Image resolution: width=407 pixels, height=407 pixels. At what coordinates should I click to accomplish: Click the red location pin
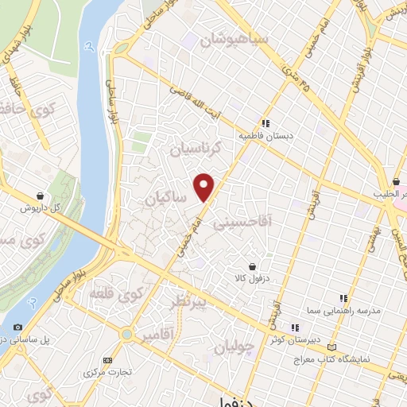click(x=205, y=186)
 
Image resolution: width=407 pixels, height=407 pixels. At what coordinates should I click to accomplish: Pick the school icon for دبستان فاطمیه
click(x=267, y=124)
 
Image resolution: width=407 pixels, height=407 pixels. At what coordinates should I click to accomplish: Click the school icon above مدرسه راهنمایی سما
click(x=343, y=298)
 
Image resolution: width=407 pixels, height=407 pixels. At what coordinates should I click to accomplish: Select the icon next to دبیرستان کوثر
click(x=294, y=327)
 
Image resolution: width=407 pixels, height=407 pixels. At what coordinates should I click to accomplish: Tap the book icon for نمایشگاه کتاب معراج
click(x=331, y=347)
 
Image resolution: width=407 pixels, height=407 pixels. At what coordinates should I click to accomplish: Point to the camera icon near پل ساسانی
click(x=17, y=327)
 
